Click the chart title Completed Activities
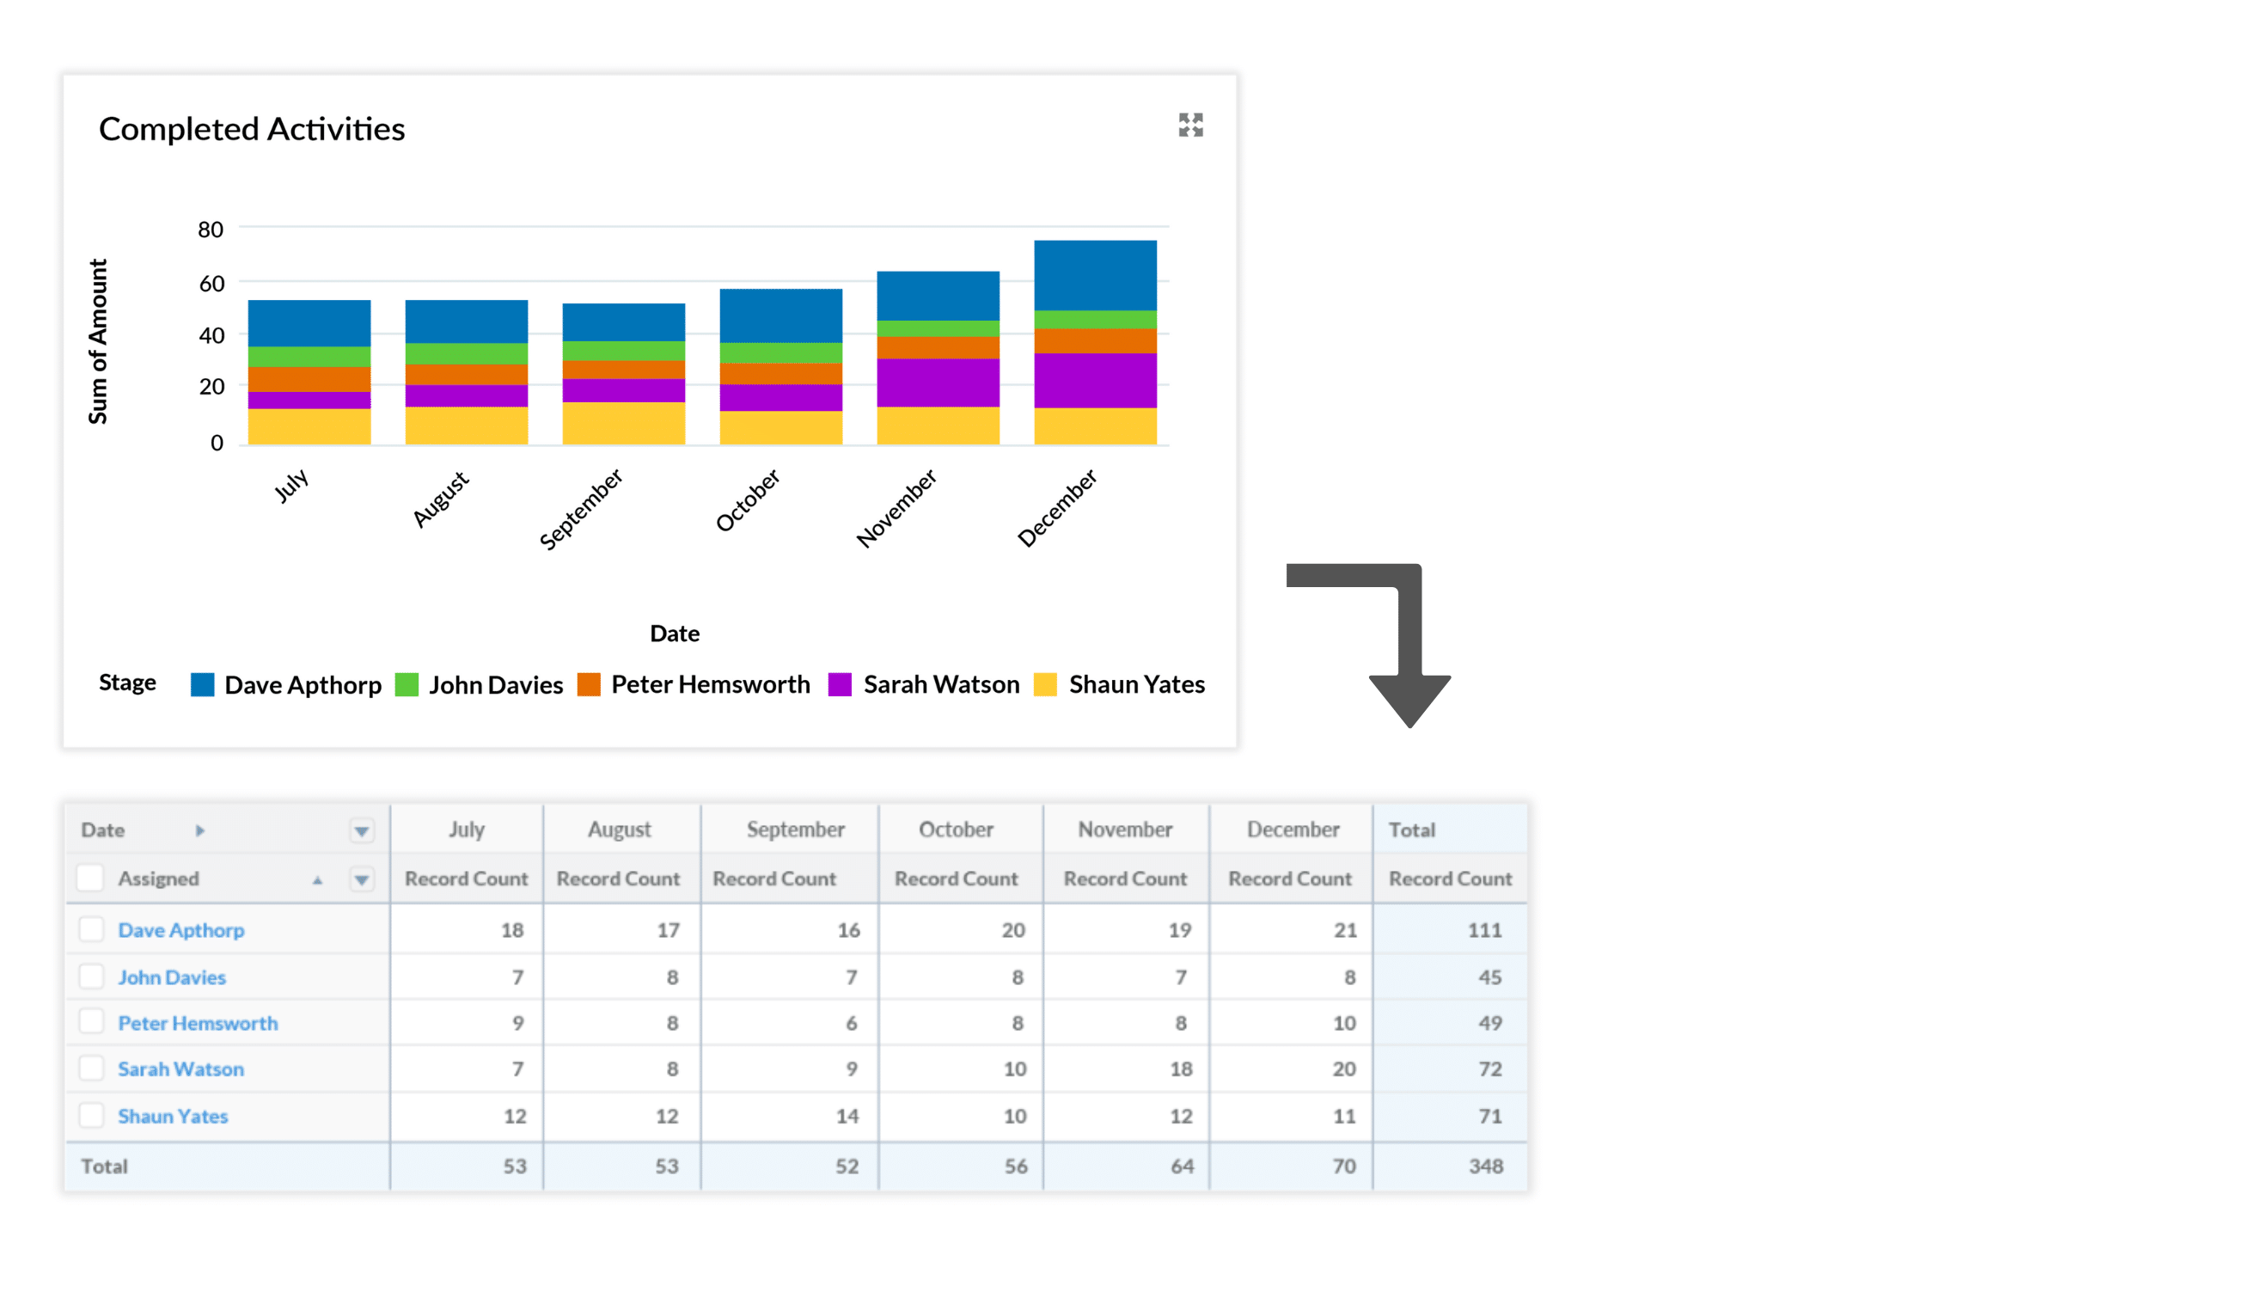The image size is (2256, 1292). pyautogui.click(x=251, y=130)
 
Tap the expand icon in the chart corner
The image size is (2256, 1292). pyautogui.click(x=1189, y=126)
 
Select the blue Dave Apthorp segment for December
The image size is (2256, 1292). pyautogui.click(x=1095, y=275)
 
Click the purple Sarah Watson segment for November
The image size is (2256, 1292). pyautogui.click(x=938, y=383)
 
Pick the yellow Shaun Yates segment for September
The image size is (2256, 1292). pyautogui.click(x=624, y=423)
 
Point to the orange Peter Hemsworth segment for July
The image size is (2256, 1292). pyautogui.click(x=309, y=379)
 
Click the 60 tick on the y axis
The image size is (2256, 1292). pyautogui.click(x=211, y=284)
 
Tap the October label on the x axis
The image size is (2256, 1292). pyautogui.click(x=748, y=500)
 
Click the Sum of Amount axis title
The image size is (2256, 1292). pyautogui.click(x=98, y=341)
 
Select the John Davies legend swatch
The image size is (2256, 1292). pyautogui.click(x=407, y=685)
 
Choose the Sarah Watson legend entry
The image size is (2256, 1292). pyautogui.click(x=940, y=685)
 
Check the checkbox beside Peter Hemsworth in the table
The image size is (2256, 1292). pyautogui.click(x=90, y=1022)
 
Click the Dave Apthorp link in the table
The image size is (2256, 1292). pyautogui.click(x=181, y=930)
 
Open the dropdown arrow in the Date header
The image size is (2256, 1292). pyautogui.click(x=361, y=830)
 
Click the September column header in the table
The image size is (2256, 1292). pyautogui.click(x=795, y=830)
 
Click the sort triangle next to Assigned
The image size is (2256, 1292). pyautogui.click(x=317, y=880)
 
